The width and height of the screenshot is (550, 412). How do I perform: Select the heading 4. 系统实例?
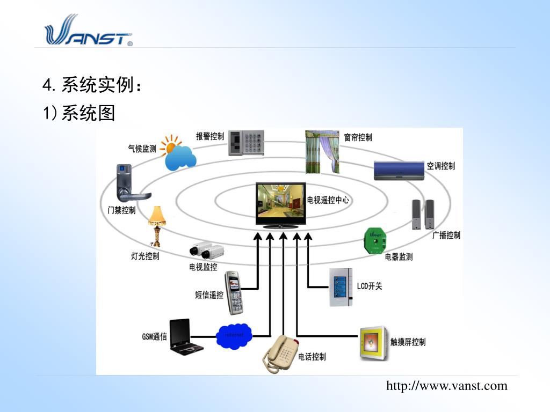(x=92, y=84)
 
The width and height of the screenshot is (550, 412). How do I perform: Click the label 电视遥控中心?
(x=328, y=200)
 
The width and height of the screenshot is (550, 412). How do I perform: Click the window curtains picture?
(x=322, y=152)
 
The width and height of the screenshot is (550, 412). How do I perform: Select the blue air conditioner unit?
(x=399, y=171)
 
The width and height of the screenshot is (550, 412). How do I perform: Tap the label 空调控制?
(x=440, y=166)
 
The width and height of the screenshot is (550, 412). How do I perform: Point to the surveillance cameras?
(x=206, y=251)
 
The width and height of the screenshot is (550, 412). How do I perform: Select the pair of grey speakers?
(x=423, y=215)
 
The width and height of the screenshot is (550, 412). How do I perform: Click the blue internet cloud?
(x=234, y=335)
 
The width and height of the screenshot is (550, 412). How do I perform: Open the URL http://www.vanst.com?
(x=446, y=386)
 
